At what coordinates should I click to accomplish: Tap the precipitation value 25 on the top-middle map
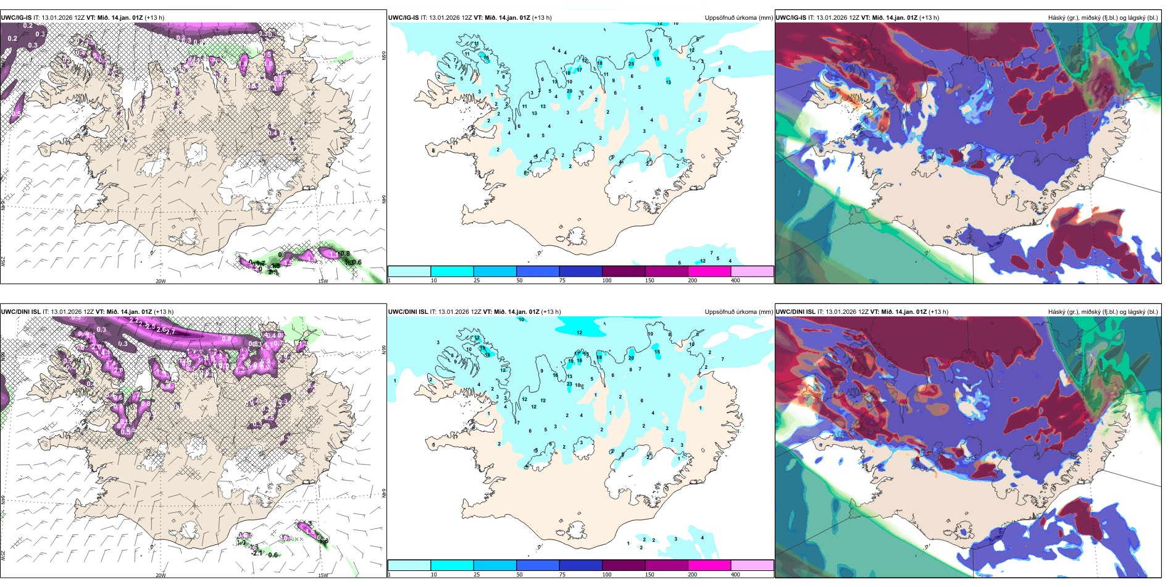tap(631, 64)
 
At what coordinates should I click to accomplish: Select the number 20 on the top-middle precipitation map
tap(569, 91)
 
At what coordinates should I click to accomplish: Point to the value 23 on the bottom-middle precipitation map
tap(569, 384)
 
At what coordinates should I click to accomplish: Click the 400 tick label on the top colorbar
tap(735, 281)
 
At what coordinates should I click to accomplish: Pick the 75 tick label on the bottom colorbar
tap(562, 575)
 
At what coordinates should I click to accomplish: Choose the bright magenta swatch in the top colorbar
tap(709, 271)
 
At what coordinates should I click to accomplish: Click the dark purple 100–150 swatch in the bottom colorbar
tap(624, 565)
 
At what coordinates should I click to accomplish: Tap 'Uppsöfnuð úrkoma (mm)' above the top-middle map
tap(738, 18)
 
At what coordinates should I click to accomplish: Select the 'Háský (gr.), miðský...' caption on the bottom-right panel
tap(1103, 312)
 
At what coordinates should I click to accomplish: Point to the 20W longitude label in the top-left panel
tap(161, 281)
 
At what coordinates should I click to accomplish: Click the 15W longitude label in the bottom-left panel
tap(323, 575)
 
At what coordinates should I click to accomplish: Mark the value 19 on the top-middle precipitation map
tap(656, 59)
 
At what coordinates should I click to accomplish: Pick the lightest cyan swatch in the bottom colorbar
tap(409, 565)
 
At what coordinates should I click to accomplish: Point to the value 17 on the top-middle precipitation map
tap(579, 70)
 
